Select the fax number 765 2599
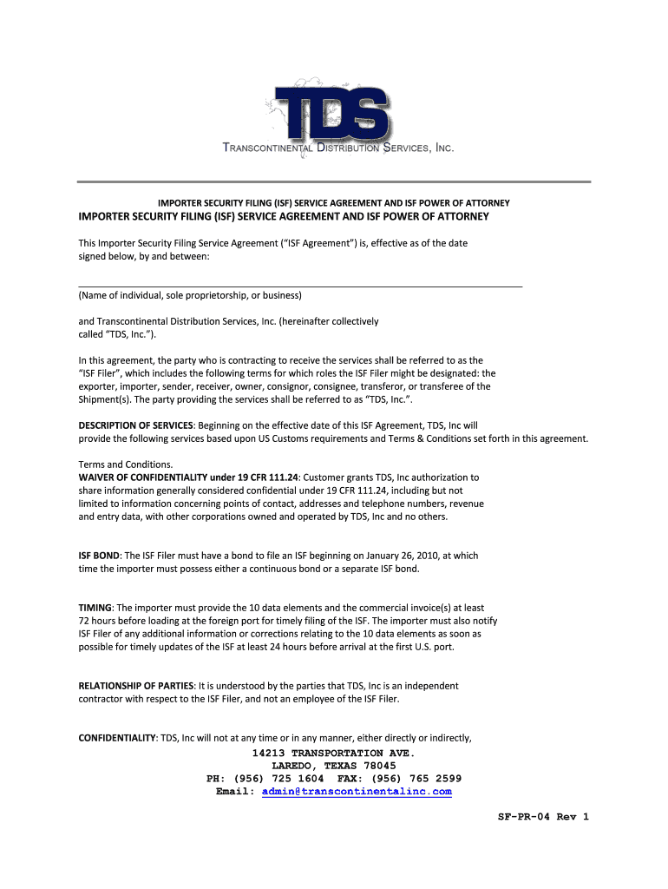click(431, 779)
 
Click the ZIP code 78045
click(378, 766)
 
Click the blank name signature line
click(300, 285)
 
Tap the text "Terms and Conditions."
click(125, 464)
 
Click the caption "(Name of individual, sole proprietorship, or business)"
click(190, 296)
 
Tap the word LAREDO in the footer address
click(294, 766)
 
